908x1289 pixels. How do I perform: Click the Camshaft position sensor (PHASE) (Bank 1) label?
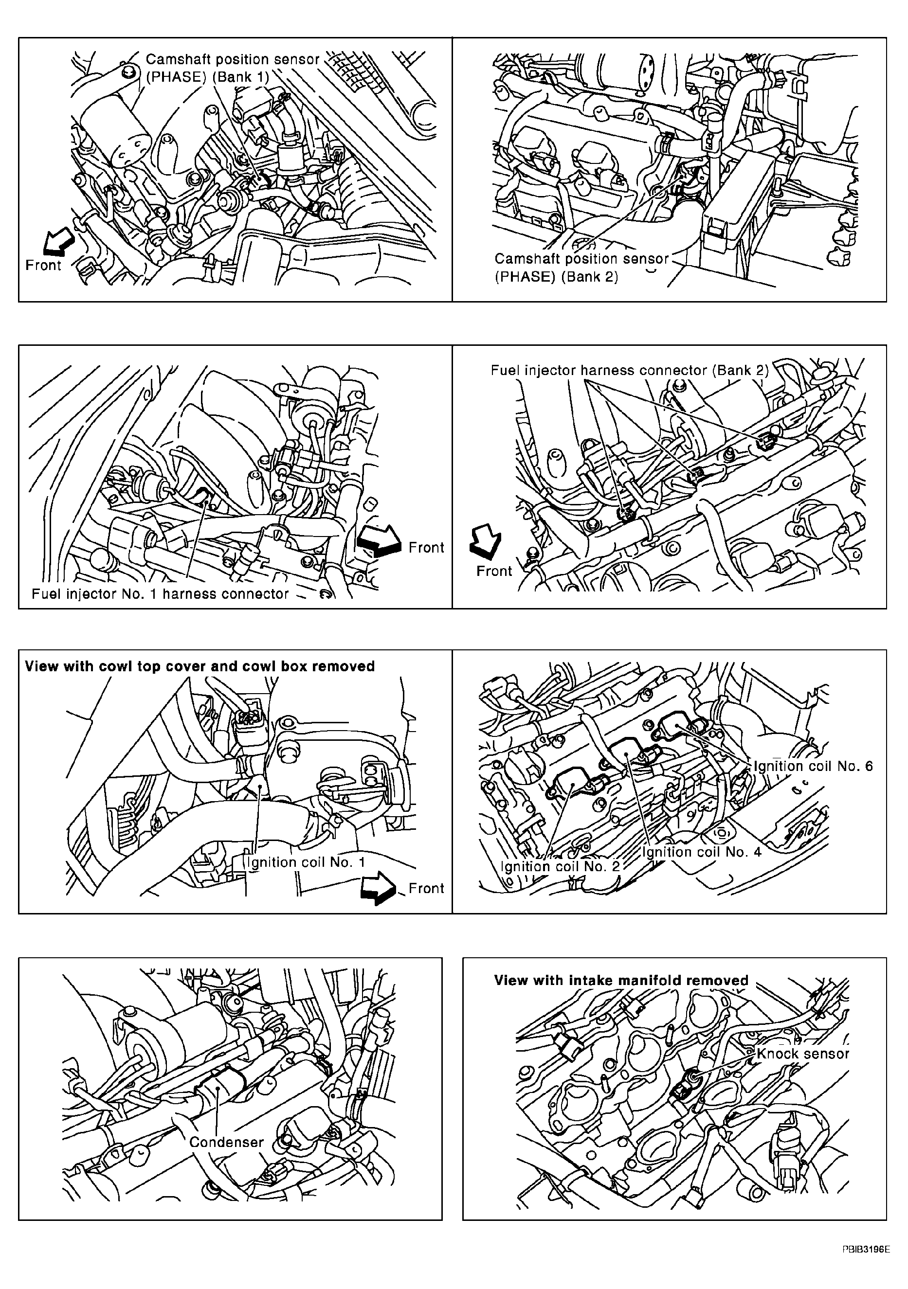coord(233,68)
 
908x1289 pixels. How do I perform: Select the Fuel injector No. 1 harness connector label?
coord(160,594)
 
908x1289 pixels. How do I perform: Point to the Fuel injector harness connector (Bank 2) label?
coord(629,371)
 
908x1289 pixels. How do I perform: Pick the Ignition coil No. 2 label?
coord(560,866)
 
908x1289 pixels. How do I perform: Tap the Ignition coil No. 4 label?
coord(701,852)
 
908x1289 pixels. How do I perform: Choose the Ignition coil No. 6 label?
coord(813,766)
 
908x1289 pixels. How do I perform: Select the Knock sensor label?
coord(802,1054)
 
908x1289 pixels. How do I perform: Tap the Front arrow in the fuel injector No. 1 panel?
coord(379,542)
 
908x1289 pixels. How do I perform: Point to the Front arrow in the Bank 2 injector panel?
coord(486,542)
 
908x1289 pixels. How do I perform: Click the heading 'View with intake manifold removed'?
coord(621,980)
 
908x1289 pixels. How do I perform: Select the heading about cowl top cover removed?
coord(200,666)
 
